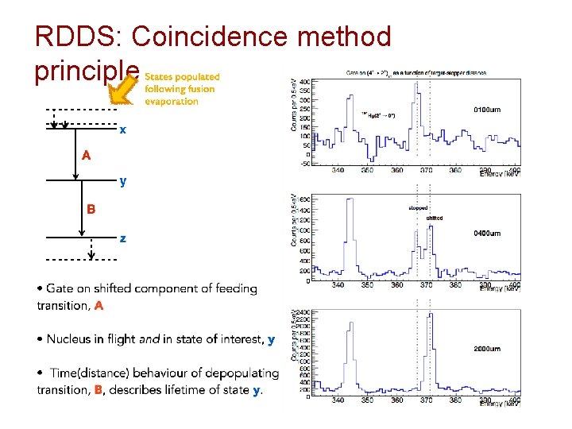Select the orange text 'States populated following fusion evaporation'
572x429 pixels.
pyautogui.click(x=182, y=89)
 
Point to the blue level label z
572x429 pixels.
pyautogui.click(x=122, y=238)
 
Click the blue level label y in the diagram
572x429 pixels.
pyautogui.click(x=123, y=181)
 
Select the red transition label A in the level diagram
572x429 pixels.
pyautogui.click(x=86, y=156)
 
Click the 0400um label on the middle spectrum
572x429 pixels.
pyautogui.click(x=486, y=234)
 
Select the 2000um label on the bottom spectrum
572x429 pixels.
pyautogui.click(x=486, y=349)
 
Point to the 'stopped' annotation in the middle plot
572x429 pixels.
pyautogui.click(x=418, y=208)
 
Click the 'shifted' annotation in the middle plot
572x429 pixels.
pyautogui.click(x=435, y=218)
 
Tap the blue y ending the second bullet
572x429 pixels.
pyautogui.click(x=272, y=339)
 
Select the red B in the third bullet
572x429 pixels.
pyautogui.click(x=98, y=389)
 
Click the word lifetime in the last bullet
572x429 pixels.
pyautogui.click(x=195, y=389)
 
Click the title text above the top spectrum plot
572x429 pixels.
pyautogui.click(x=416, y=72)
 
